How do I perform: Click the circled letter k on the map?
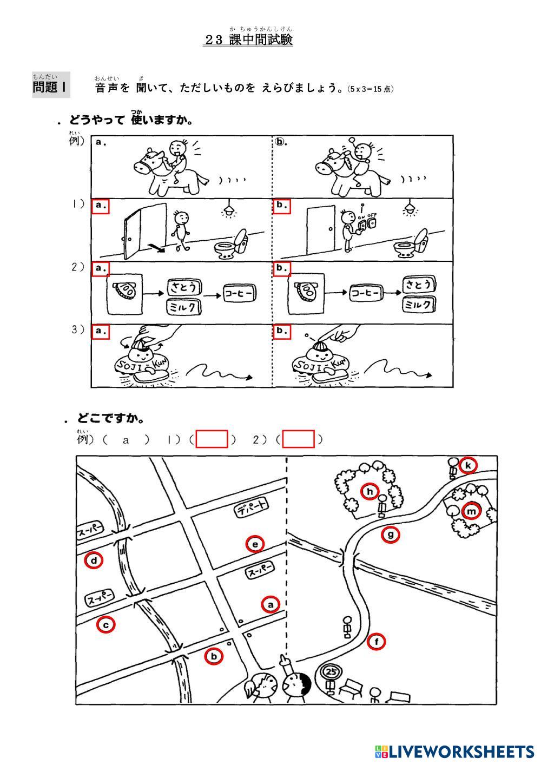(x=469, y=465)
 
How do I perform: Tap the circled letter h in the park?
(x=370, y=491)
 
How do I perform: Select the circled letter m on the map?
(x=472, y=511)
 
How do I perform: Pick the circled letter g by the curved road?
(x=391, y=535)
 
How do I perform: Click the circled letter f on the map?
(x=377, y=642)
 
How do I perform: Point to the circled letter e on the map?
(x=255, y=544)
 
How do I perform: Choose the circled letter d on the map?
(x=94, y=560)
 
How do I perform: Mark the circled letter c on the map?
(x=106, y=625)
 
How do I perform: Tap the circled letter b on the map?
(x=214, y=657)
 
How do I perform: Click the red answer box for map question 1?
(x=212, y=439)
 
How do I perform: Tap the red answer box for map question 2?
(x=298, y=439)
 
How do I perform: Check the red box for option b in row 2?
(x=281, y=268)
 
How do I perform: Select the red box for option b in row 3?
(x=281, y=331)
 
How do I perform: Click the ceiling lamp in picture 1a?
(x=230, y=209)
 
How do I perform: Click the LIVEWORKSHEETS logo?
(x=455, y=751)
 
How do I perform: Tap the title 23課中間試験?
(x=248, y=40)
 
